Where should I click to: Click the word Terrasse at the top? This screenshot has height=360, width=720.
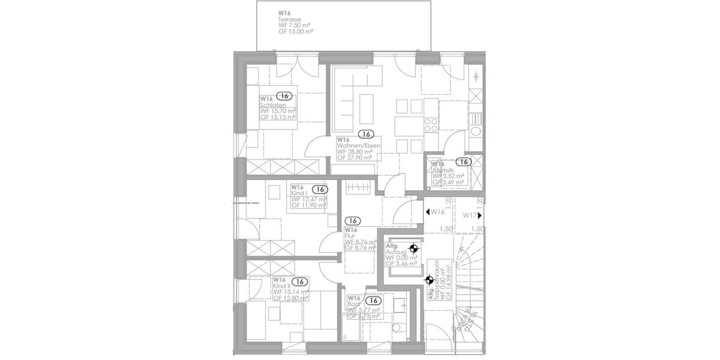point(287,19)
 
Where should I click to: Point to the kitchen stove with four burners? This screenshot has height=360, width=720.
point(431,125)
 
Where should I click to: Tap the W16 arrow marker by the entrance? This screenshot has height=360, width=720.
point(434,212)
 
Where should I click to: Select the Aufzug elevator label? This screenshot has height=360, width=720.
point(396,252)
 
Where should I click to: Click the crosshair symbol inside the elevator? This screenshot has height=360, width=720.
point(413,247)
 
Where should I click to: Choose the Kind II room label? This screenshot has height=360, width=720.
point(280,286)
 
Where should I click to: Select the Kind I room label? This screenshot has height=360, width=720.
point(298,193)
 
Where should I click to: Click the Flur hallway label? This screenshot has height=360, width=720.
point(349,236)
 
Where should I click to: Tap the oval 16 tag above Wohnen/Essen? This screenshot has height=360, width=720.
point(365,134)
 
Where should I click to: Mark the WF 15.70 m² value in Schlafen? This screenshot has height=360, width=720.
point(278,112)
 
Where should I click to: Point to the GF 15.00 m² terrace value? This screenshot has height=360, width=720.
point(295,32)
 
